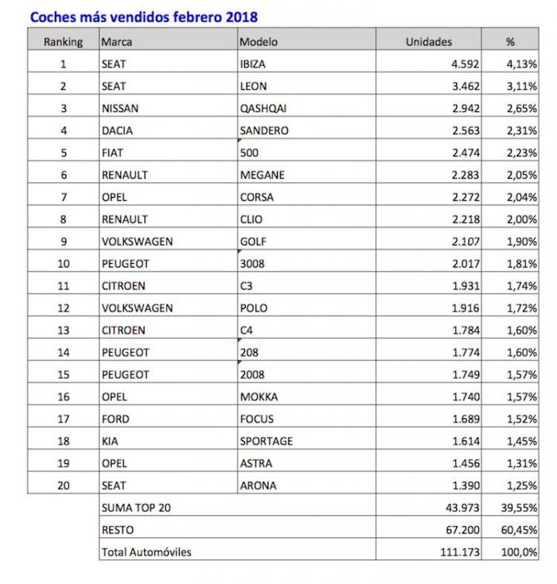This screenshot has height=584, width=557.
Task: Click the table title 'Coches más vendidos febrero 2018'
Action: pos(144,16)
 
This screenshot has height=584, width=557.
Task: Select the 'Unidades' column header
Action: pos(428,41)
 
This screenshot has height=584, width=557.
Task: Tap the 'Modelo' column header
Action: pos(259,41)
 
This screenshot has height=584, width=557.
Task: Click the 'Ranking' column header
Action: pos(63,41)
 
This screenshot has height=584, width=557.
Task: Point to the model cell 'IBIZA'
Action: pos(253,64)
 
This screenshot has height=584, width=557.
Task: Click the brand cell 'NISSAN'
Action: pos(120,108)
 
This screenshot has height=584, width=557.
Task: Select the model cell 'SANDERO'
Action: pos(263,130)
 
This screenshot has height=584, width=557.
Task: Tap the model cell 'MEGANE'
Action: pos(261,175)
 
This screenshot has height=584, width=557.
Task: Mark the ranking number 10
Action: pos(63,264)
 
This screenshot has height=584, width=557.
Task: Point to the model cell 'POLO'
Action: pos(253,307)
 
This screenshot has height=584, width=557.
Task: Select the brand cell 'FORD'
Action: pos(115,419)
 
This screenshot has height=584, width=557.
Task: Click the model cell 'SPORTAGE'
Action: pos(266,441)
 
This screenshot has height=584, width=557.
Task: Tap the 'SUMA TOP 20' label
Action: pos(135,507)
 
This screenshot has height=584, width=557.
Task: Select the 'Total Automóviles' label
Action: pos(146,551)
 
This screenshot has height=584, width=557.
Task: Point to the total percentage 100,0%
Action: pos(519,551)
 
